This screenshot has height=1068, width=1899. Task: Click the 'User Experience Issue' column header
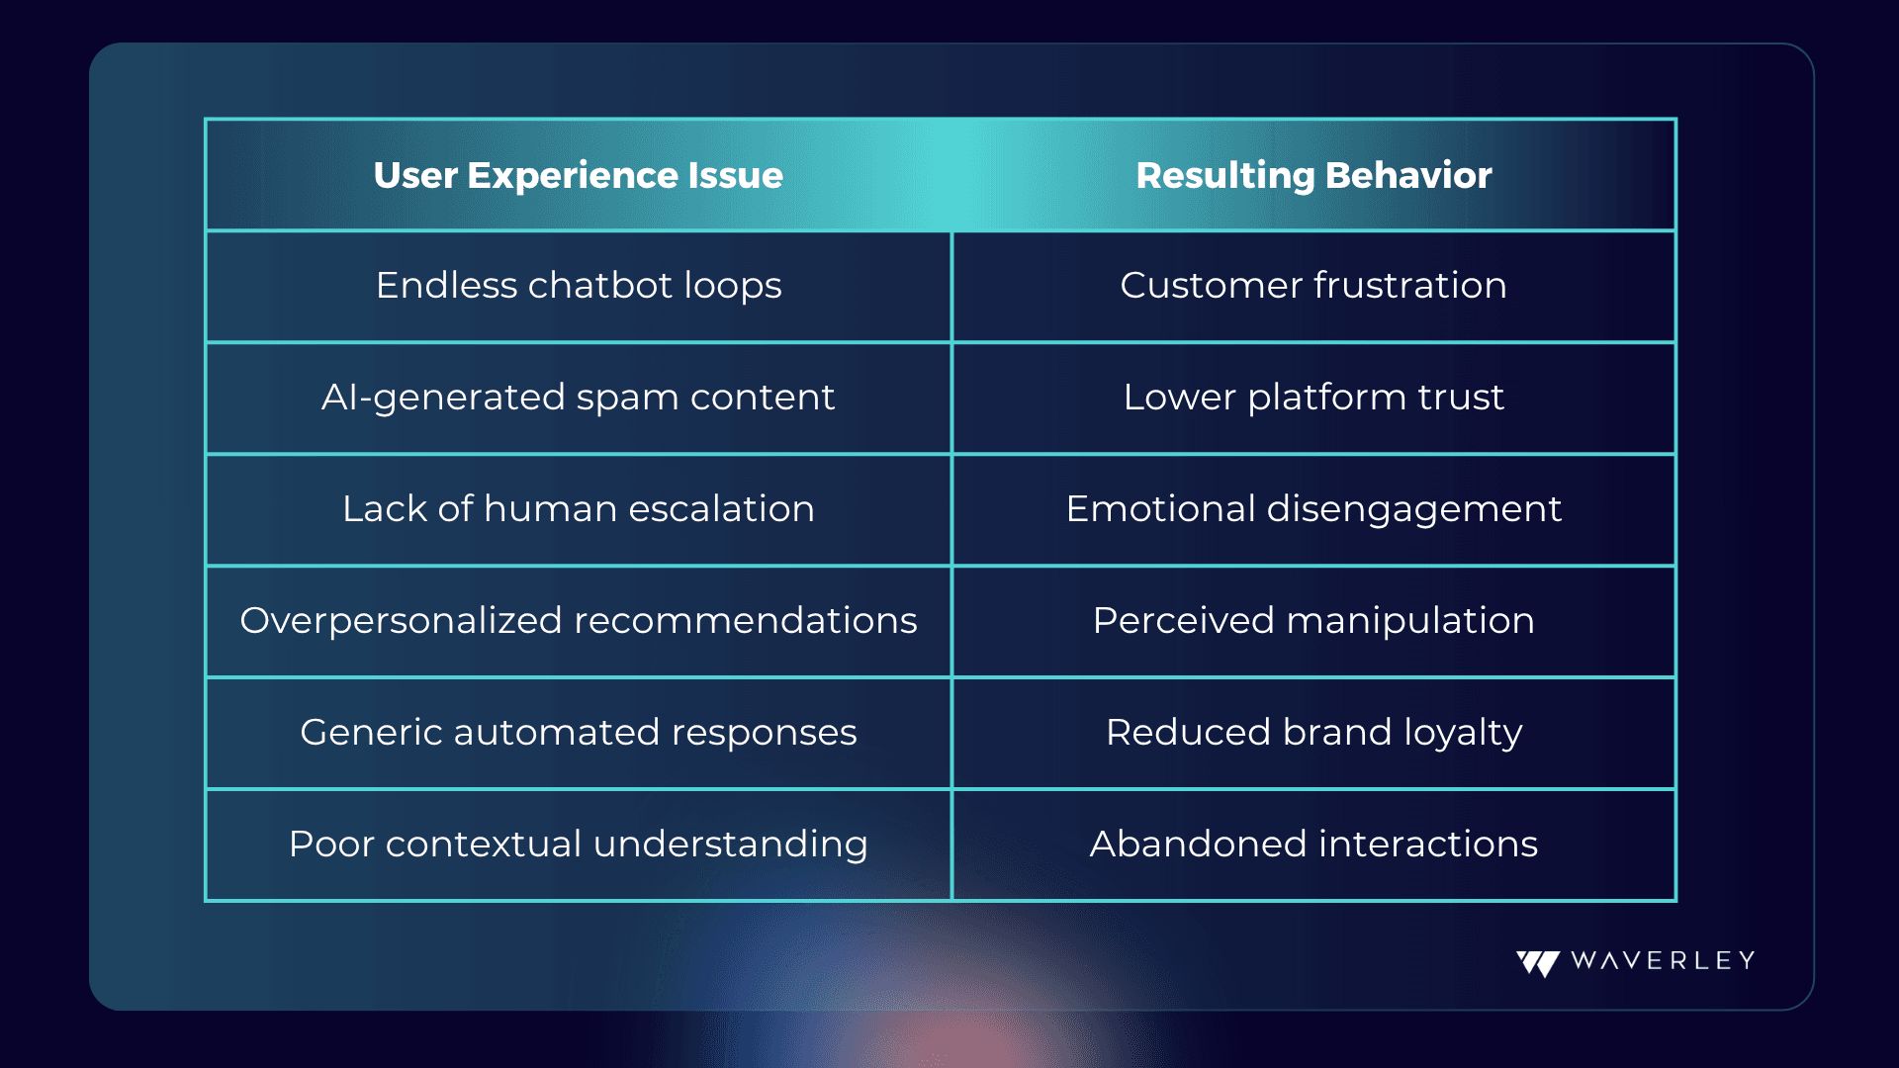[x=579, y=175]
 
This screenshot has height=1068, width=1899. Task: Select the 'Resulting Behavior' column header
[x=1313, y=175]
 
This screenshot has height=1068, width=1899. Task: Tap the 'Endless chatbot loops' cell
[x=579, y=286]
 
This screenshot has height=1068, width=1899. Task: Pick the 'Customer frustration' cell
[x=1313, y=286]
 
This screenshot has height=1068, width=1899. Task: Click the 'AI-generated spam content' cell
[x=579, y=398]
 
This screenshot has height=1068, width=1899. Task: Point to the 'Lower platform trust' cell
[x=1313, y=398]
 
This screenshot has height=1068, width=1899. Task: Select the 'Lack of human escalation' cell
[x=579, y=509]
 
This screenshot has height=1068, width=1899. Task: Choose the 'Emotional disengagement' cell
[x=1313, y=509]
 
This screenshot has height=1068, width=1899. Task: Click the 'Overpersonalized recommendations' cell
[x=579, y=621]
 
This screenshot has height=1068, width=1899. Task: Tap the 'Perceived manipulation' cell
[x=1313, y=621]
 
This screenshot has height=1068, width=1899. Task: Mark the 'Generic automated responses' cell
[x=579, y=733]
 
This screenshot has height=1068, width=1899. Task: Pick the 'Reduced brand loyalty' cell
[x=1313, y=733]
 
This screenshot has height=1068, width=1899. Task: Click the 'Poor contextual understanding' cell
[x=579, y=845]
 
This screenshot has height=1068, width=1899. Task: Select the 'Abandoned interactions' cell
[x=1313, y=845]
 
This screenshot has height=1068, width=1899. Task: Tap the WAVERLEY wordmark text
[x=1663, y=960]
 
